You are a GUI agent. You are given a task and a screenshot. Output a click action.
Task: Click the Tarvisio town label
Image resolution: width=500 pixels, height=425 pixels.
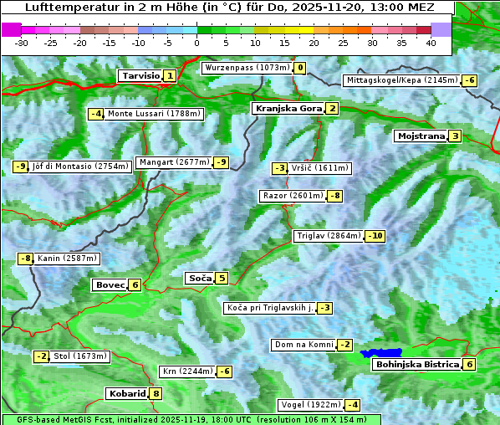(x=140, y=75)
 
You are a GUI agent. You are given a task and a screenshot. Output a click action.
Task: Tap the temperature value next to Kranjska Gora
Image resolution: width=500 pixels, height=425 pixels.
(x=332, y=108)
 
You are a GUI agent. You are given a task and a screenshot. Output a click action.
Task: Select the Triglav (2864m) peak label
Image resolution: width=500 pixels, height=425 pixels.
(x=329, y=236)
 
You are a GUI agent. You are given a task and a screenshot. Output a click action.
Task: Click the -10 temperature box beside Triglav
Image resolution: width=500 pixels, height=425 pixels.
(x=375, y=236)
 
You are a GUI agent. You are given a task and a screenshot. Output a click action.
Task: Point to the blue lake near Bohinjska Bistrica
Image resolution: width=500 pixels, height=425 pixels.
(x=381, y=354)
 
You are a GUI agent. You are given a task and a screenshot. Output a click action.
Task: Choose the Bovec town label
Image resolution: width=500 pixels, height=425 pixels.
(x=110, y=284)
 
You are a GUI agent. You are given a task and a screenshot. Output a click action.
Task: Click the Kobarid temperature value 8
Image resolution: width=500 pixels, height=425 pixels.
(x=156, y=393)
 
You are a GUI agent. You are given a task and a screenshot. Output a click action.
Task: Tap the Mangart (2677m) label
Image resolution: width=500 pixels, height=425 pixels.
(x=173, y=162)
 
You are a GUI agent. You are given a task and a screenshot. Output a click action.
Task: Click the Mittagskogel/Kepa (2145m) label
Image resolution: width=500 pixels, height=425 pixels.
(x=401, y=80)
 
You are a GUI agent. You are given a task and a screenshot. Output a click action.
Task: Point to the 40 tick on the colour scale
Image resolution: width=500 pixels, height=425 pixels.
(x=431, y=42)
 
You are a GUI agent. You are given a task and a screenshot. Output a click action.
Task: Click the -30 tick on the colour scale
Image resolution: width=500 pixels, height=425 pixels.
(x=22, y=42)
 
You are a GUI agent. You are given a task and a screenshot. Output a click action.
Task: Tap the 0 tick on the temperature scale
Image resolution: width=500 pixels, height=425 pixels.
(x=197, y=42)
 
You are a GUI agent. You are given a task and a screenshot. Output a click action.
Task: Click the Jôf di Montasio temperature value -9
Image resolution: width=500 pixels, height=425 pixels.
(x=20, y=166)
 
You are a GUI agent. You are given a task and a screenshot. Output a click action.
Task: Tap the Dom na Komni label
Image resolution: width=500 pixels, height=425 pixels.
(x=304, y=345)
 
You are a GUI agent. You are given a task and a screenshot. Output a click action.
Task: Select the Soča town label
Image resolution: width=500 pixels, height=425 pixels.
(x=200, y=278)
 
